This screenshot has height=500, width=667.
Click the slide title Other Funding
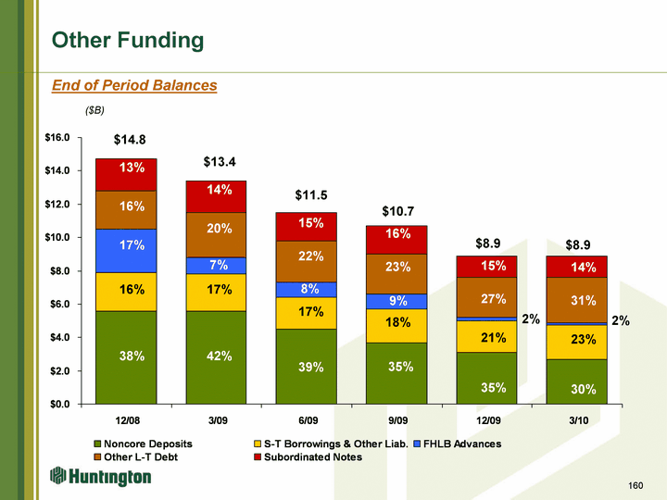(x=128, y=40)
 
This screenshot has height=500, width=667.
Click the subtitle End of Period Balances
(x=134, y=85)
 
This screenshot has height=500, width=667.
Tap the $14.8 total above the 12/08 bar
(x=130, y=140)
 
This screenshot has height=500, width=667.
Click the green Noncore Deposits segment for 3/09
(x=216, y=356)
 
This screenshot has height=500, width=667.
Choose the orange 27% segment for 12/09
(x=486, y=297)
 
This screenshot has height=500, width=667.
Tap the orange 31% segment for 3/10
(x=576, y=300)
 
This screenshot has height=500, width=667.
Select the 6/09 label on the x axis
(x=306, y=420)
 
